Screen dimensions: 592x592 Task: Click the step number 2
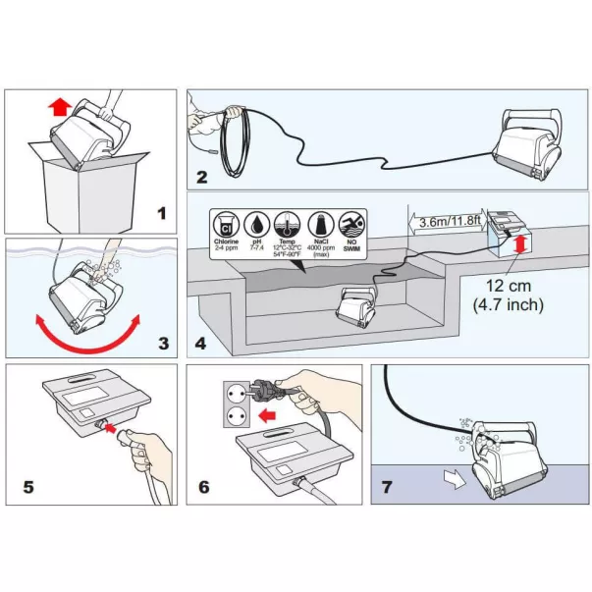click(x=202, y=178)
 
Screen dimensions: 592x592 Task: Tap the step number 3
click(x=163, y=344)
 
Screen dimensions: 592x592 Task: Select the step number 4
click(x=201, y=344)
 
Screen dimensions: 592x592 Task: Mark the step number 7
click(x=386, y=487)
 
